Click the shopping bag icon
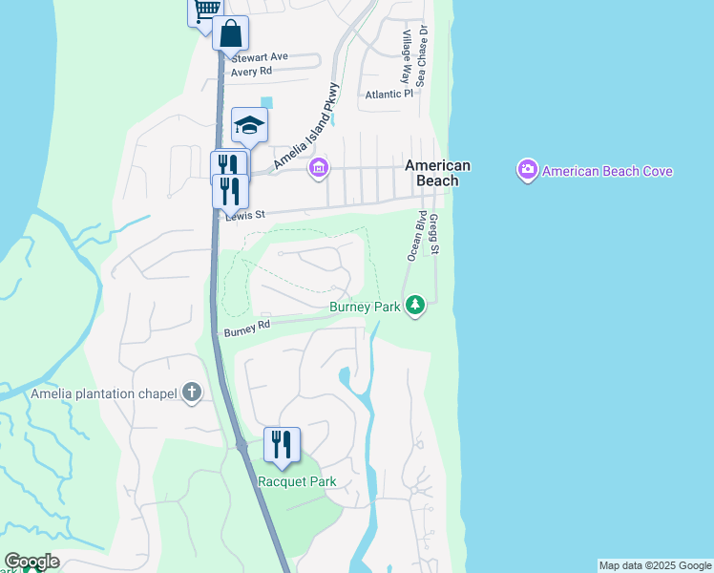click(230, 34)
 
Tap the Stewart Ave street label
click(259, 57)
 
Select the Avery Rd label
click(252, 71)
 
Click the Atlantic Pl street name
click(388, 95)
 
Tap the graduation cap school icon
click(249, 125)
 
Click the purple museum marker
click(319, 169)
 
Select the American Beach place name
click(438, 173)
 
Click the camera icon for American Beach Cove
click(527, 171)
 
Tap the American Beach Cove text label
click(608, 172)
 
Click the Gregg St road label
click(434, 233)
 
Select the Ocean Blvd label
click(417, 234)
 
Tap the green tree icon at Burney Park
click(414, 306)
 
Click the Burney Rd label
click(247, 329)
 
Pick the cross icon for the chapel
click(193, 392)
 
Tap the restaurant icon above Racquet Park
click(282, 445)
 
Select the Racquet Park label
click(297, 481)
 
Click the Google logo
click(32, 562)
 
